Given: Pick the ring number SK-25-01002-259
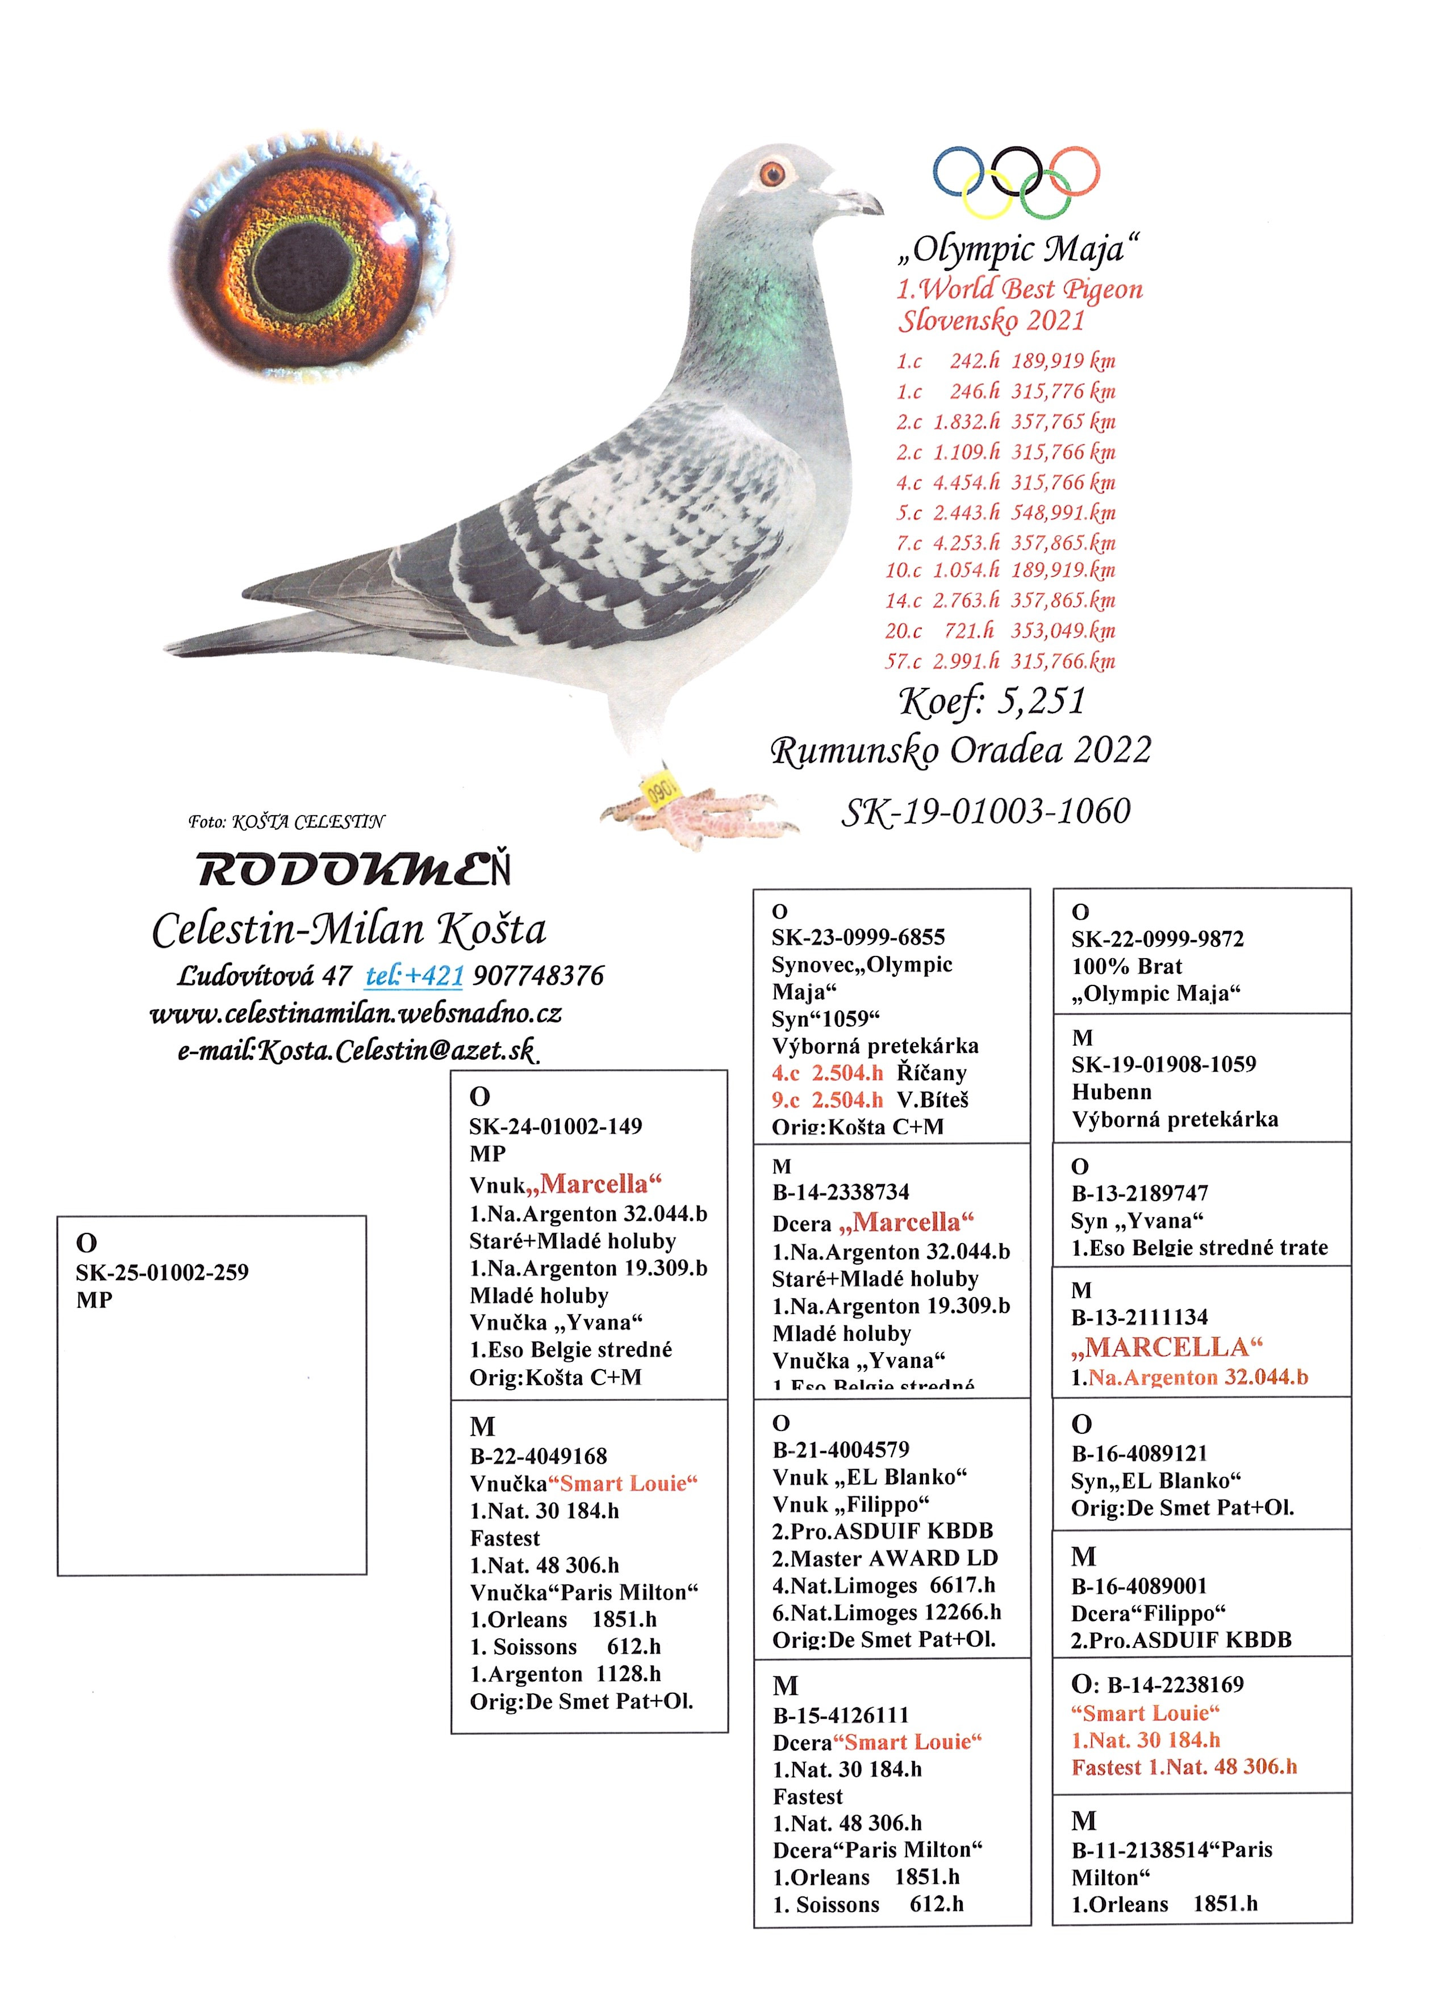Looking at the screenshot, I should point(162,1272).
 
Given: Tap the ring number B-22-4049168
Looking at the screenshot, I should point(538,1456).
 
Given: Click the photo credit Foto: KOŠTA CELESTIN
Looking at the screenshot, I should point(286,822).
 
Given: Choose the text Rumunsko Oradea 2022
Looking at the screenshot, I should point(960,750).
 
